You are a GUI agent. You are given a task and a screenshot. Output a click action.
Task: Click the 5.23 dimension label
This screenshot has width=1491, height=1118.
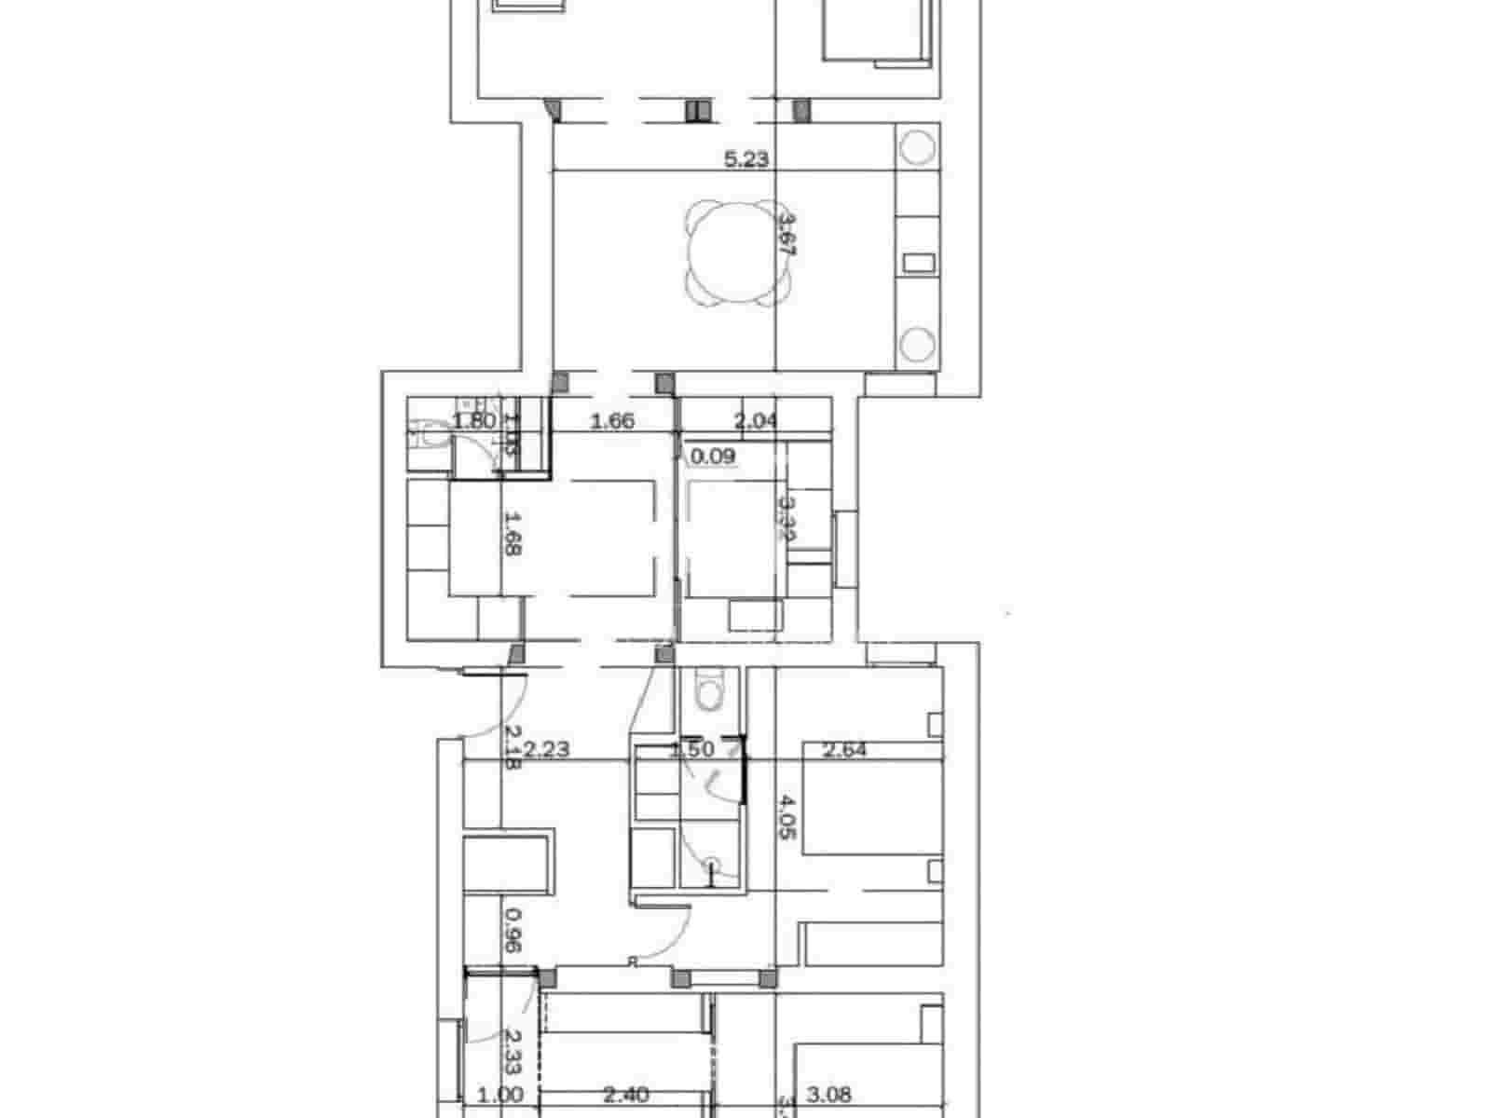(x=746, y=159)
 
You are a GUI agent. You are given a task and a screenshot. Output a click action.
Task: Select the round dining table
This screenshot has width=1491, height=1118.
(x=741, y=253)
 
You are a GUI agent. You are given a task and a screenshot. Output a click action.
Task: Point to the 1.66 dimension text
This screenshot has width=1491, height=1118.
(x=613, y=421)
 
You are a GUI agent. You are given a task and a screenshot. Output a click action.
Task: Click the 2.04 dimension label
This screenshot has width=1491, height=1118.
(x=756, y=421)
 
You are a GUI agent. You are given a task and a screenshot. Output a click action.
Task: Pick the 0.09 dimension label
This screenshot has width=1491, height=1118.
(x=713, y=457)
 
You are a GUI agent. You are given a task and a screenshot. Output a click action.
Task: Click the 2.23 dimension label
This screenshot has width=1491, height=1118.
(x=546, y=749)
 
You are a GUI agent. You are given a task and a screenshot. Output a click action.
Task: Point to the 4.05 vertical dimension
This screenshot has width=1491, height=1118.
(x=787, y=818)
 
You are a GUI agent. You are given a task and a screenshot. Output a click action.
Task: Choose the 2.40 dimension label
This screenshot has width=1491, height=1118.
(x=626, y=1096)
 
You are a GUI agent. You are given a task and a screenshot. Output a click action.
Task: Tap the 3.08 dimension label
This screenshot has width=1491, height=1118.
(x=828, y=1096)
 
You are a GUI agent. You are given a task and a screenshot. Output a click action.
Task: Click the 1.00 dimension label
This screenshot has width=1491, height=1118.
(x=500, y=1096)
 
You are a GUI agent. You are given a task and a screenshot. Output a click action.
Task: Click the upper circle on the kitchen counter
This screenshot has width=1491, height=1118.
(x=916, y=147)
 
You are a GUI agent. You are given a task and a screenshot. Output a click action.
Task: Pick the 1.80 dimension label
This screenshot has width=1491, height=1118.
(x=474, y=421)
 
